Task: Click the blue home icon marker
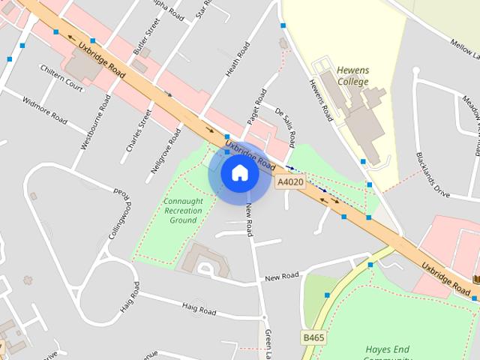[240, 173]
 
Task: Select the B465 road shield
[314, 338]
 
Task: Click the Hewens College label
[352, 76]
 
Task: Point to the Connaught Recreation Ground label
[183, 210]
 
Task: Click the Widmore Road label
[46, 111]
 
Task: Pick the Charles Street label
[139, 131]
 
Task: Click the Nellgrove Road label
[166, 150]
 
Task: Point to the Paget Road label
[257, 107]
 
